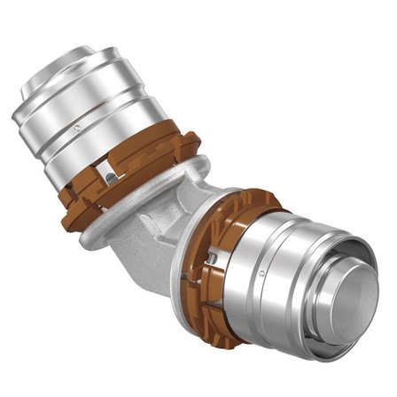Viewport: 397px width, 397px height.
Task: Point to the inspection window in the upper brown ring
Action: [x=109, y=178]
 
